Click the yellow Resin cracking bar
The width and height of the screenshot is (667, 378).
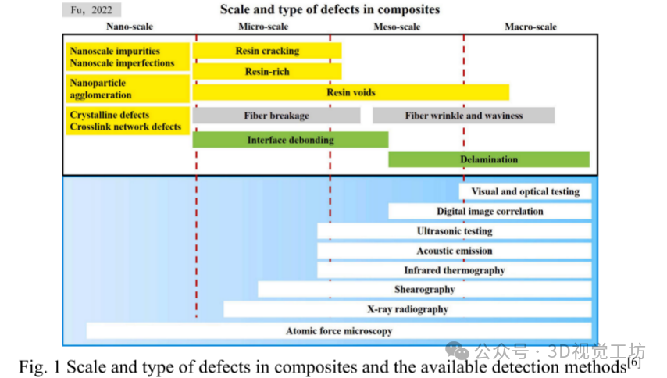pos(266,52)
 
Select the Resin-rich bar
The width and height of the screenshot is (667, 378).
pos(266,72)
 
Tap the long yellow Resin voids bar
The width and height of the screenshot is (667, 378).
pos(351,92)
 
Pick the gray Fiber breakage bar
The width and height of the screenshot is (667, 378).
pos(276,116)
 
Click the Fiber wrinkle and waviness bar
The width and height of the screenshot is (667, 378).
pos(463,116)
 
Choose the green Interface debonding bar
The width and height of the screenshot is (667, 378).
pos(290,140)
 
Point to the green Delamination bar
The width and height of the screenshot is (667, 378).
pos(488,159)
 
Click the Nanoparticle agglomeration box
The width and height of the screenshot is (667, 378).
pos(127,88)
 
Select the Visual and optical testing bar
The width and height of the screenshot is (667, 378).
pos(525,191)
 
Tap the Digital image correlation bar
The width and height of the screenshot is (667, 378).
pos(490,211)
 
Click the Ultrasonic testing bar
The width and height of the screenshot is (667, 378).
pos(454,231)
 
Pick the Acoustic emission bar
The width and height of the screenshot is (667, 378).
pos(454,251)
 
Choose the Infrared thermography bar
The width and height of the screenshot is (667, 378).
pos(454,270)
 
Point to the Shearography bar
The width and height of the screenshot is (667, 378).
pos(424,289)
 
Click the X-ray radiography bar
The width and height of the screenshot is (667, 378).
pos(407,309)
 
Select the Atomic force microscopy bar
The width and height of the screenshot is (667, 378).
pos(338,331)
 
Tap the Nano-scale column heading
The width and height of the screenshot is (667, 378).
pos(129,27)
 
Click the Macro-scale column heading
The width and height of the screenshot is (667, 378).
pos(530,27)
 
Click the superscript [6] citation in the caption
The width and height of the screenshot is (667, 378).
pos(634,362)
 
